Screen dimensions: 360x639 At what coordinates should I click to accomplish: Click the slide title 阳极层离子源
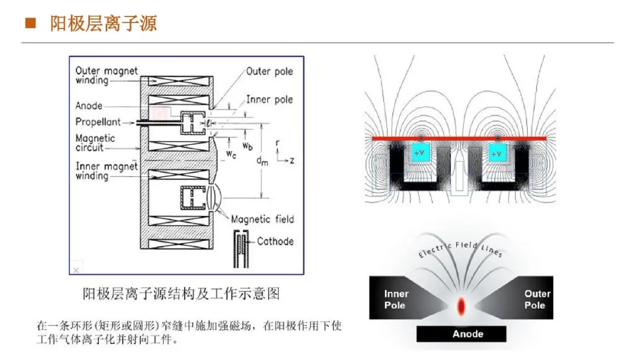click(103, 24)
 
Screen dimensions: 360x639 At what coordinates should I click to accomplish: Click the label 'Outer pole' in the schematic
click(269, 72)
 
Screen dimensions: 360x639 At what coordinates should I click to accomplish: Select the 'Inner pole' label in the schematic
click(269, 99)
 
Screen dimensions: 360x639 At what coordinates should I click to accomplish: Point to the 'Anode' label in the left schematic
click(89, 106)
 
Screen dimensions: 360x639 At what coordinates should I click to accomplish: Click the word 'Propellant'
click(98, 121)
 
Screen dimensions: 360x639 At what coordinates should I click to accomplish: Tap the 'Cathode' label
click(275, 241)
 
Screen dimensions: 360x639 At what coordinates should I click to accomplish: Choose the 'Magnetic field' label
click(262, 219)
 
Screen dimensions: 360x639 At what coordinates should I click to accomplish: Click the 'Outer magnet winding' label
click(106, 75)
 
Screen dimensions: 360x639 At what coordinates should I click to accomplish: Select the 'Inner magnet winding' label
click(106, 171)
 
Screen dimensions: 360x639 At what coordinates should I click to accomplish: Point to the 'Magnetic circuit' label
click(95, 143)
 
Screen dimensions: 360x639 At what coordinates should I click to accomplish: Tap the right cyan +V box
click(497, 153)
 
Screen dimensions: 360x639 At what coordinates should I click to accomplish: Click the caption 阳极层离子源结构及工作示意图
click(180, 294)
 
